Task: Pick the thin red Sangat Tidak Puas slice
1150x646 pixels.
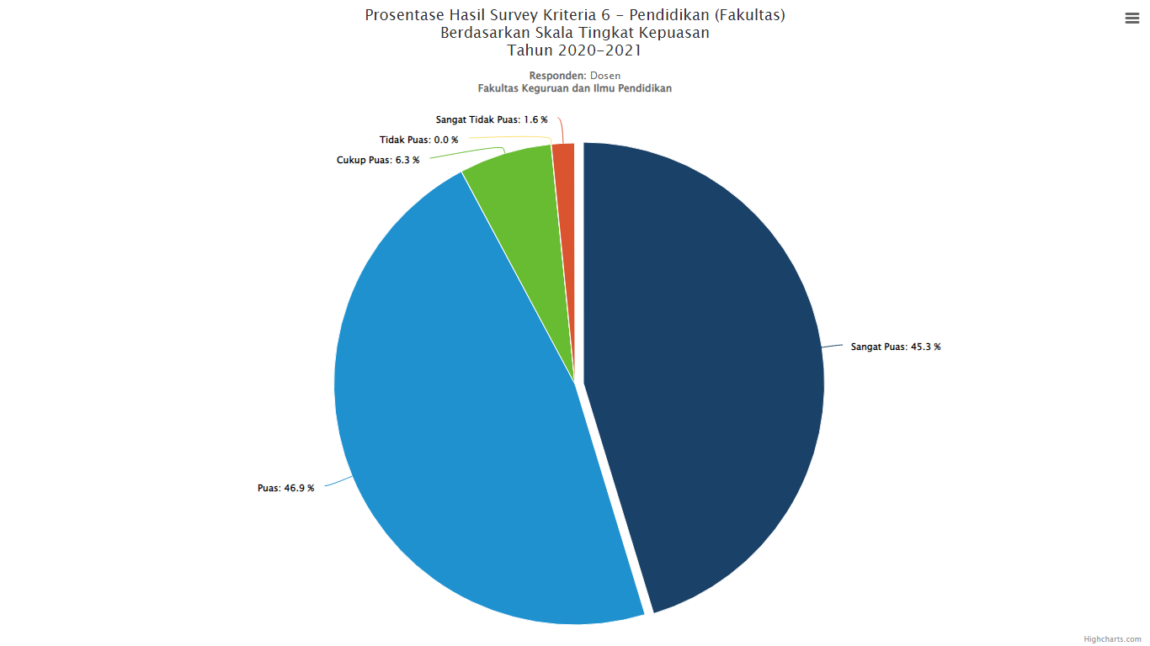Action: pos(565,205)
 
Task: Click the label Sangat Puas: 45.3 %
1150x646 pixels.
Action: pos(896,347)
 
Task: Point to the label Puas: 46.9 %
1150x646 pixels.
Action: pos(285,488)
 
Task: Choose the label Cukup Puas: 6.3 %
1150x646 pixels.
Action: pos(378,160)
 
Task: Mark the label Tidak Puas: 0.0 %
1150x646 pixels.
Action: pos(418,140)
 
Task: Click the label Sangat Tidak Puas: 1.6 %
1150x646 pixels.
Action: pos(492,119)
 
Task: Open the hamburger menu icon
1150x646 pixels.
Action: pos(1132,19)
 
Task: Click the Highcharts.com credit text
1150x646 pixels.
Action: pos(1112,639)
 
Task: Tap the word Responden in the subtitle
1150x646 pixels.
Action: pos(557,76)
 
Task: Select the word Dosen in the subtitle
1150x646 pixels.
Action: pos(605,76)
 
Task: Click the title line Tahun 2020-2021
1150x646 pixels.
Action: pos(574,50)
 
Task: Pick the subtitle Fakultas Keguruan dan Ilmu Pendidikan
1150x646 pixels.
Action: pos(574,88)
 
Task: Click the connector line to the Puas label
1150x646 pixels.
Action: pos(338,481)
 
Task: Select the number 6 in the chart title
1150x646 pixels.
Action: pos(605,15)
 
